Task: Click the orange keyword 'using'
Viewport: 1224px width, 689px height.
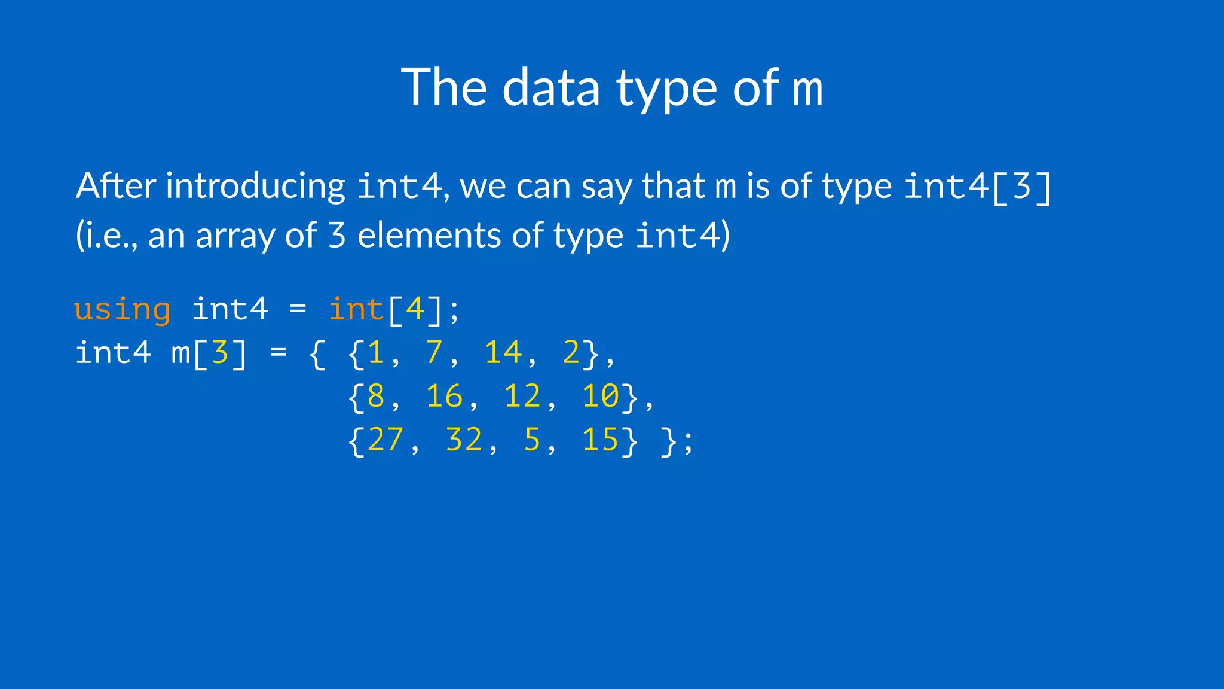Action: (123, 310)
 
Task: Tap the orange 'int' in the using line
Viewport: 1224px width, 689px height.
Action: (356, 310)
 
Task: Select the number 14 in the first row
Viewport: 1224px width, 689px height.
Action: (503, 353)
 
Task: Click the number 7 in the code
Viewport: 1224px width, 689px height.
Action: (434, 353)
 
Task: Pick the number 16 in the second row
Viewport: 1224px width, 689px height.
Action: (444, 397)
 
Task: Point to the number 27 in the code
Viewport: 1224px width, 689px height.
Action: (385, 440)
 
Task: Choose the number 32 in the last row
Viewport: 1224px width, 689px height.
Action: (464, 440)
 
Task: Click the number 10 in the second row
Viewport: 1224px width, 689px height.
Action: (601, 397)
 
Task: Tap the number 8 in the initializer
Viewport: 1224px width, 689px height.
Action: (376, 397)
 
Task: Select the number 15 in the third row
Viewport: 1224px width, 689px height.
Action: (601, 440)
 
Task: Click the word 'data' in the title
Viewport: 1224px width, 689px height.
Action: (550, 88)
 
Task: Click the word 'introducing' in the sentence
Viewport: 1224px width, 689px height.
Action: (255, 186)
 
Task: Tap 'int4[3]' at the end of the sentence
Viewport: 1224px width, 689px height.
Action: (977, 186)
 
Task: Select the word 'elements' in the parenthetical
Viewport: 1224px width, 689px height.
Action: (429, 235)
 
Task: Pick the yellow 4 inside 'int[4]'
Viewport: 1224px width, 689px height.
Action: (415, 310)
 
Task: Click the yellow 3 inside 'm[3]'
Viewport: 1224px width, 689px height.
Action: (220, 353)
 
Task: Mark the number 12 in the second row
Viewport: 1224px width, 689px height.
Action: (522, 397)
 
